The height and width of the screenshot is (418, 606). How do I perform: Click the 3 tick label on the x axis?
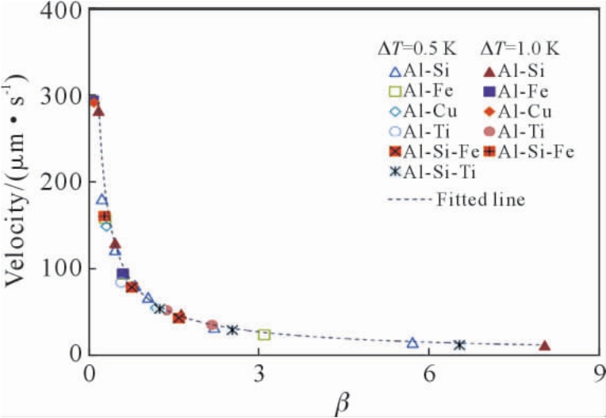point(259,373)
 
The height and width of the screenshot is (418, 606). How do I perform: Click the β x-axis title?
point(342,402)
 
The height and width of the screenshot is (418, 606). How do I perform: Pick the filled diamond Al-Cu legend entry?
point(519,109)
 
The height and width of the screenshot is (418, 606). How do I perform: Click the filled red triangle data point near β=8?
point(544,346)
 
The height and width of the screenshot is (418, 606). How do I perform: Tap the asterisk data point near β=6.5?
point(459,344)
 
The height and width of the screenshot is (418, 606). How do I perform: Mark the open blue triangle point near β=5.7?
point(412,343)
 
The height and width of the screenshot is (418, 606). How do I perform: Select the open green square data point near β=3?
point(264,335)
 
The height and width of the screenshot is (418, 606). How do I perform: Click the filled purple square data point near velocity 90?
point(123,274)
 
